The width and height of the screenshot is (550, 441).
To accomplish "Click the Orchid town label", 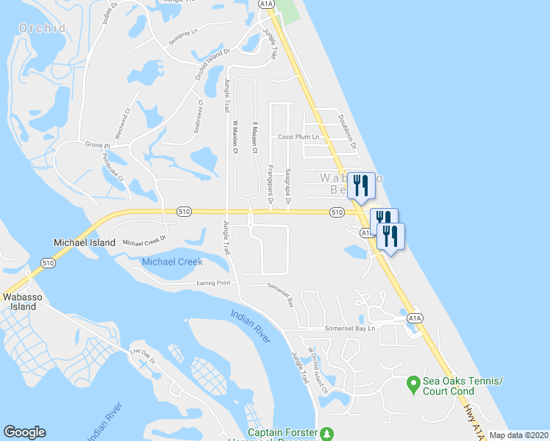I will click(x=42, y=28).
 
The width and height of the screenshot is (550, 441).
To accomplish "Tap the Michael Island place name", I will click(x=85, y=243).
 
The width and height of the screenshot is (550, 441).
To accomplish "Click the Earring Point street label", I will click(x=213, y=283).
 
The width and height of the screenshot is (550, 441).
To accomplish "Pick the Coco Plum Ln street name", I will click(x=298, y=137).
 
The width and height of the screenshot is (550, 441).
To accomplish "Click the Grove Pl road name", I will click(x=96, y=146).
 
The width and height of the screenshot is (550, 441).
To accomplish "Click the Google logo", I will click(x=24, y=432).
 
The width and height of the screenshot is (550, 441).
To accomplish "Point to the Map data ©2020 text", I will click(x=518, y=435).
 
